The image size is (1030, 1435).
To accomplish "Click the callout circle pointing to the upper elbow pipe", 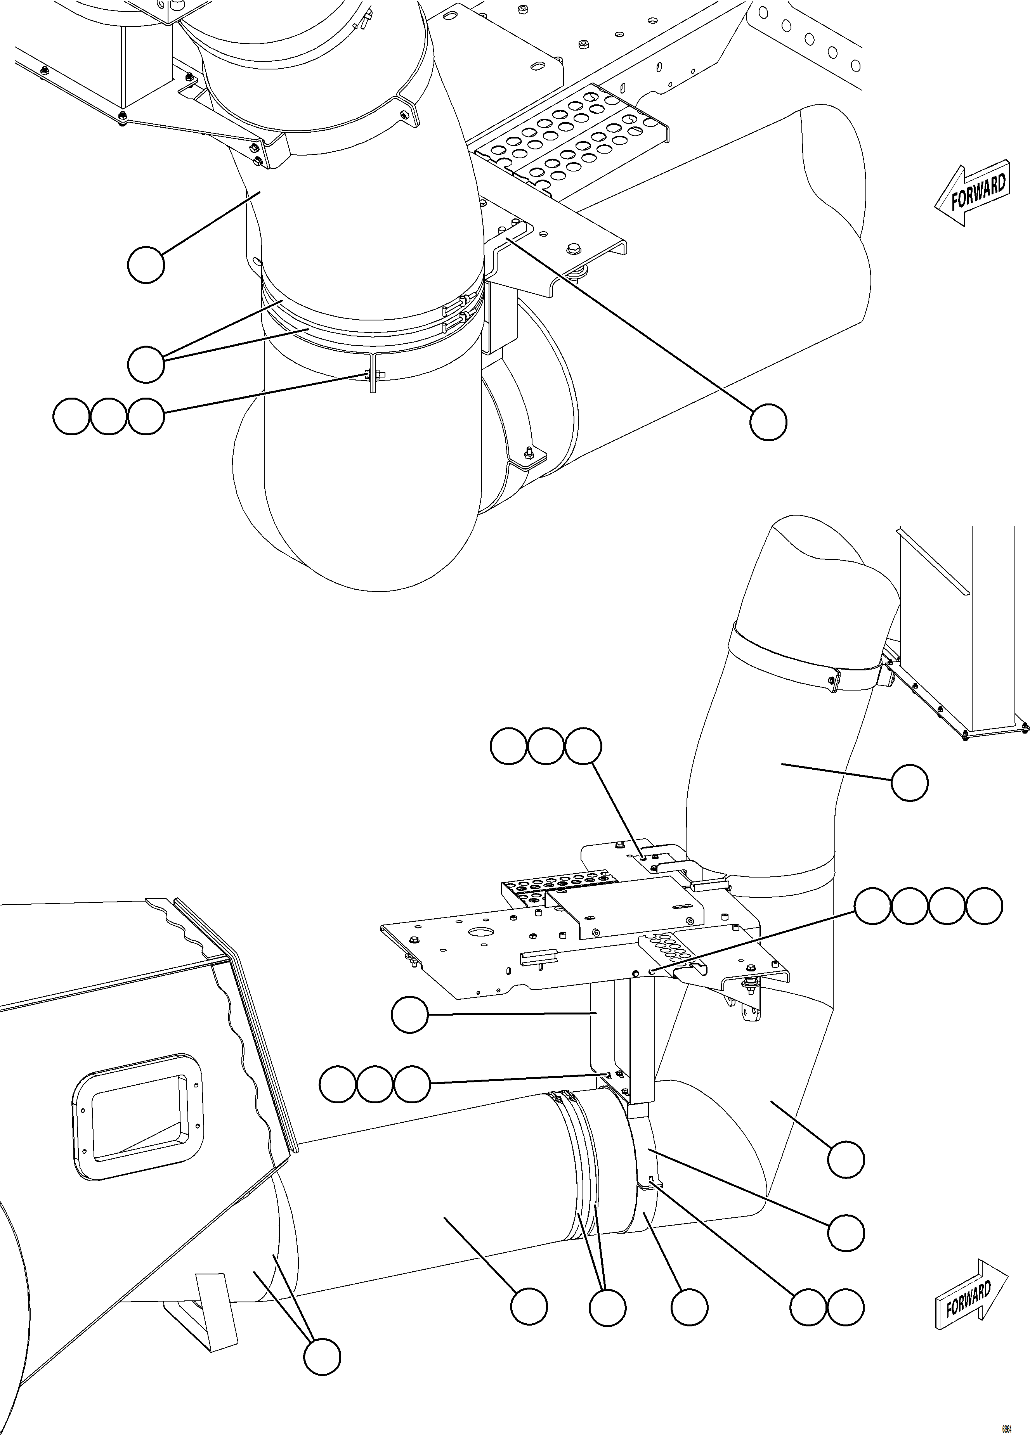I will tap(146, 265).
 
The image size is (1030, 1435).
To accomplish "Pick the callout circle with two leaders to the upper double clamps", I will tap(146, 364).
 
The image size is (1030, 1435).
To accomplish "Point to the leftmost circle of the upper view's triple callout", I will tap(71, 416).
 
